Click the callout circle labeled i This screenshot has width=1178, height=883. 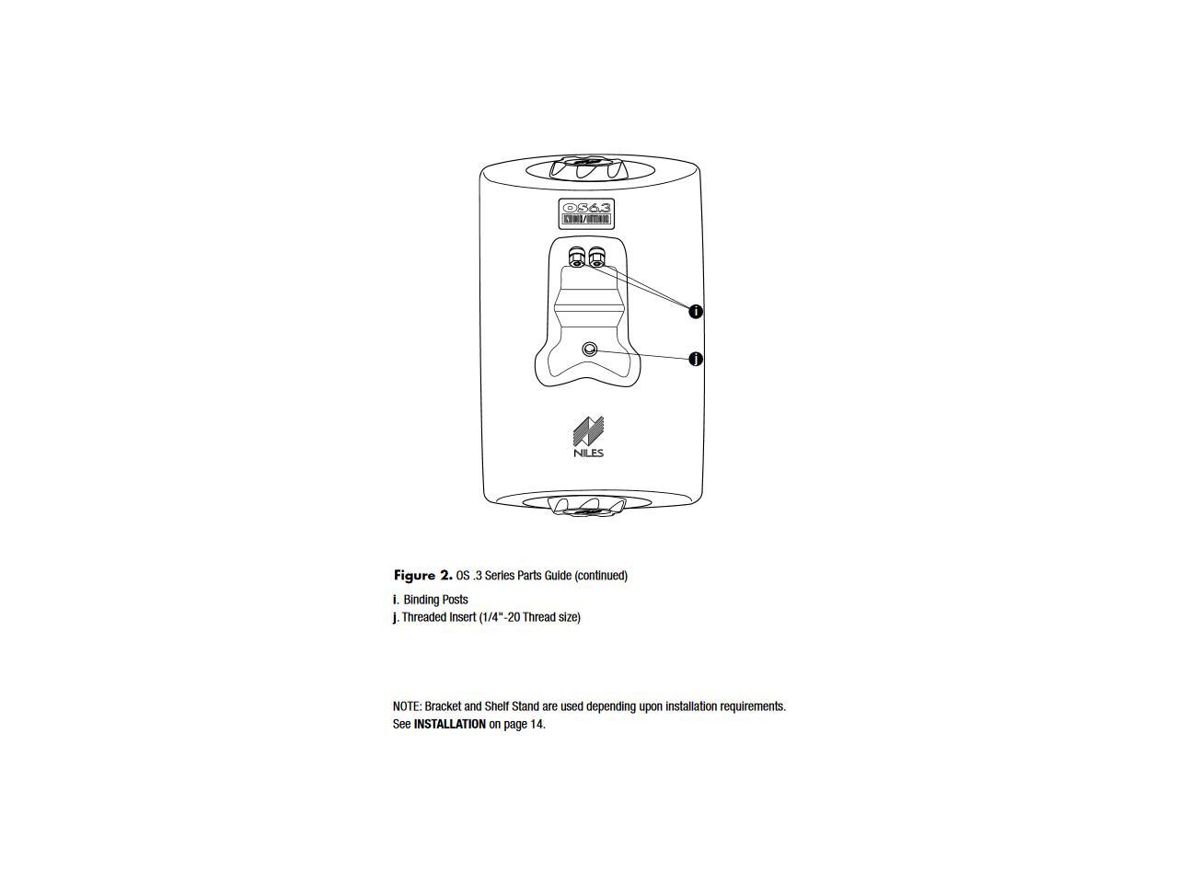coord(696,312)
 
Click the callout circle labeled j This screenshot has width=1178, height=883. coord(696,359)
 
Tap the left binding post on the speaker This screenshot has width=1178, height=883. coord(577,257)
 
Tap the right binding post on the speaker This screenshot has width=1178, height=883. coord(595,257)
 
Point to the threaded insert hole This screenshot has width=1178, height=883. coord(590,350)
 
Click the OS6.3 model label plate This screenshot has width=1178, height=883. coord(586,213)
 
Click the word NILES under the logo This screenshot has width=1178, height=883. coord(588,453)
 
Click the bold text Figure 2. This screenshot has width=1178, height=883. coord(422,576)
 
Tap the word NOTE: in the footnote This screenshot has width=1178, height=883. coord(407,706)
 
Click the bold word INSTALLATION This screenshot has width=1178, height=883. coord(449,724)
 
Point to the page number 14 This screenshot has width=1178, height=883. coord(537,724)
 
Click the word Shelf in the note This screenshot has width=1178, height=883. coord(501,706)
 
